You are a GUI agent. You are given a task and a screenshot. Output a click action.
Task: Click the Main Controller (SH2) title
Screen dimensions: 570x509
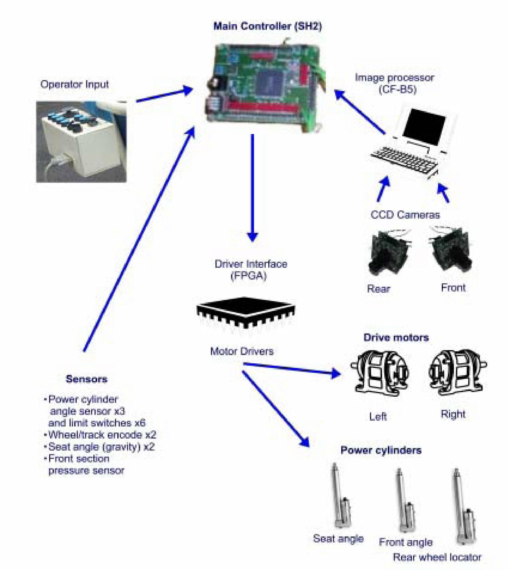click(268, 26)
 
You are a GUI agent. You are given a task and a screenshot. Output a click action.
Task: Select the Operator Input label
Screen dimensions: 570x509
click(74, 84)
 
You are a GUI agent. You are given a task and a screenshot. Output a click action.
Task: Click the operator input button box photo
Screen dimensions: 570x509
click(81, 141)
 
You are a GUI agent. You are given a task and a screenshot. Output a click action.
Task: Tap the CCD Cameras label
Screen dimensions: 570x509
click(405, 215)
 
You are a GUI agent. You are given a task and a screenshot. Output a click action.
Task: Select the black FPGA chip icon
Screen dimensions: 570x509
click(246, 313)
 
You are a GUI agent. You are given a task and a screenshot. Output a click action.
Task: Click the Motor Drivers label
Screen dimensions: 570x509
click(242, 351)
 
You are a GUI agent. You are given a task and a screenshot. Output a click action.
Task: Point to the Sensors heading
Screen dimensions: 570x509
click(86, 379)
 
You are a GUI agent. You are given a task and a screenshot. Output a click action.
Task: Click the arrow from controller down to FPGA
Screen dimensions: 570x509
click(252, 187)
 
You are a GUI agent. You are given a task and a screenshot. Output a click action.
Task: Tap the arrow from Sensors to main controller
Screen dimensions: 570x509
click(138, 241)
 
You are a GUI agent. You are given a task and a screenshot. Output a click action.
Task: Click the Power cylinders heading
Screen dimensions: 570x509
click(381, 450)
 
